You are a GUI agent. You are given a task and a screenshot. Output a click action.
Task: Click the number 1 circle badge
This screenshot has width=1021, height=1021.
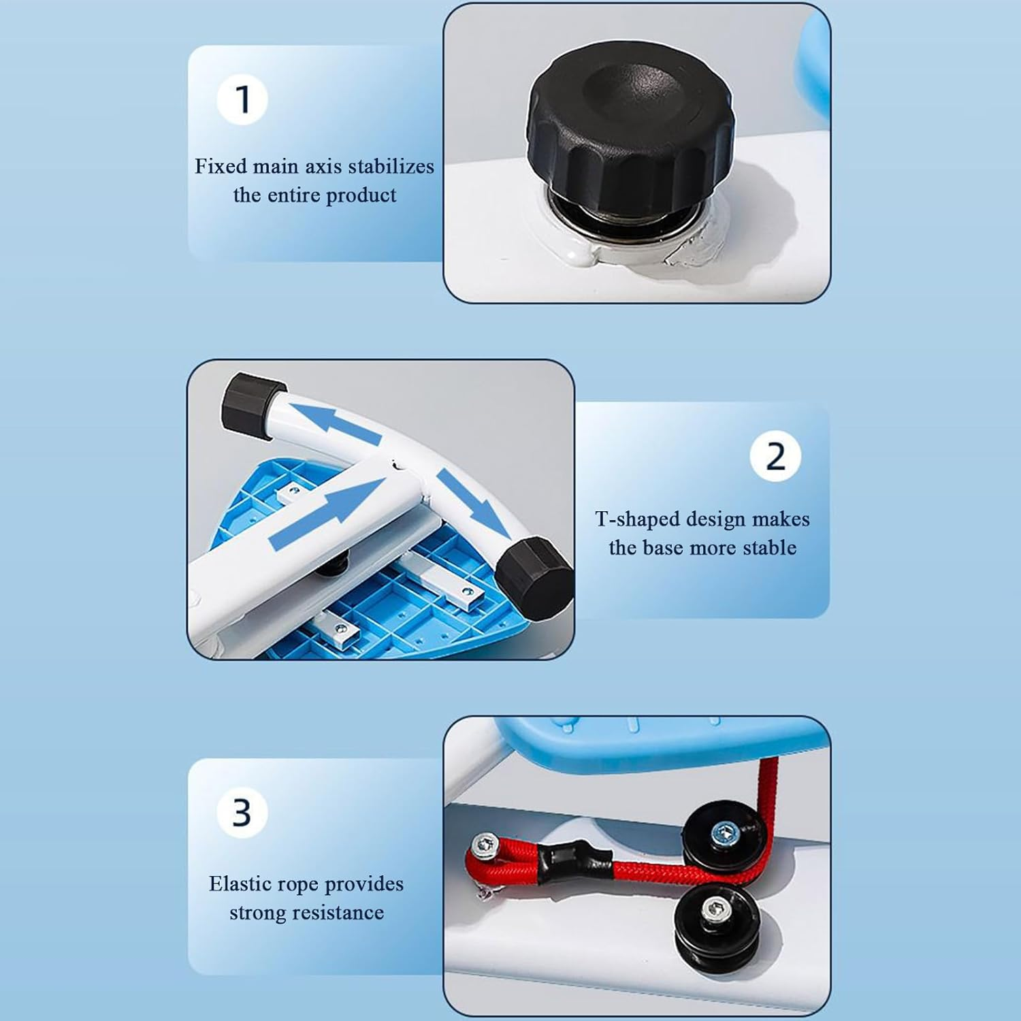(x=242, y=99)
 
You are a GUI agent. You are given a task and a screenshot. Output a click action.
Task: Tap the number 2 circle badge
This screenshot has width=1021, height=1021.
(x=776, y=456)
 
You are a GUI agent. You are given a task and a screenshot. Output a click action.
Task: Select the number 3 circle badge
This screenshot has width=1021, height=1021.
(x=242, y=812)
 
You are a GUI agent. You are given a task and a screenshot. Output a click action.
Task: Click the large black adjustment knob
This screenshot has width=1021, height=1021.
(x=630, y=133)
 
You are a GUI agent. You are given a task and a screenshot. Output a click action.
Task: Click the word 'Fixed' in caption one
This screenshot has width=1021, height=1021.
(x=221, y=166)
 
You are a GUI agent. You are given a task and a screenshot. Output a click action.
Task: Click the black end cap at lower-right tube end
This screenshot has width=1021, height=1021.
(x=533, y=577)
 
